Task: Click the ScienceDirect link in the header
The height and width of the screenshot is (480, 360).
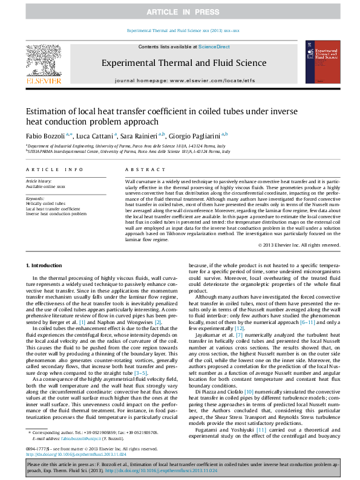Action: (x=213, y=47)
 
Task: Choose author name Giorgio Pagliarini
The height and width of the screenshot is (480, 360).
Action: (x=194, y=135)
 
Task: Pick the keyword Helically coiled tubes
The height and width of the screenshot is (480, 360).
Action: (x=46, y=204)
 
